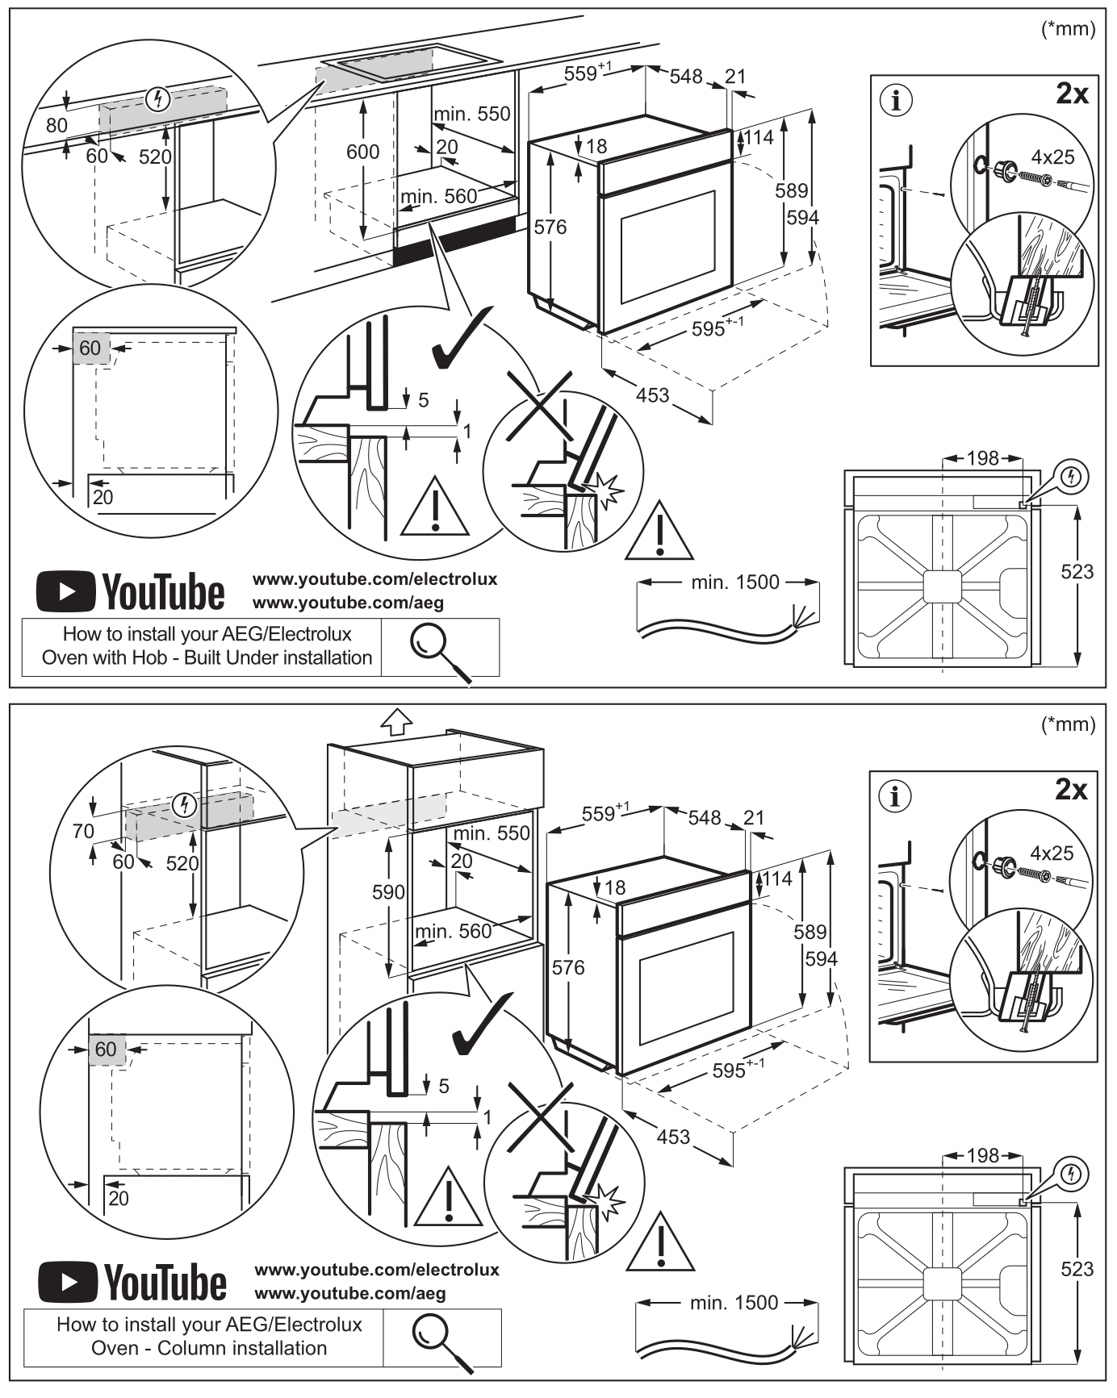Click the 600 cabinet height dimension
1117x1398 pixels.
(x=362, y=152)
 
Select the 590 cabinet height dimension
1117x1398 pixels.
(x=388, y=891)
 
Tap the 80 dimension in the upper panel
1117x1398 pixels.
(x=56, y=125)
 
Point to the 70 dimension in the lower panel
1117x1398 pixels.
(x=83, y=831)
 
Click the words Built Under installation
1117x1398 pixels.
(x=278, y=657)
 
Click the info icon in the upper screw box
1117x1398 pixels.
(x=896, y=101)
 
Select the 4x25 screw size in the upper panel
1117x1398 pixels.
(x=1052, y=156)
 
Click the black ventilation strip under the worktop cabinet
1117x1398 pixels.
(x=454, y=240)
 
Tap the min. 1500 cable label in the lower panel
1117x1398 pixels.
(x=734, y=1302)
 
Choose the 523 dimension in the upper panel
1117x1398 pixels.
(x=1077, y=572)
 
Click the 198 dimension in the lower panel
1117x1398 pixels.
(x=983, y=1156)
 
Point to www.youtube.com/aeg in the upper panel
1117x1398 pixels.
(x=348, y=603)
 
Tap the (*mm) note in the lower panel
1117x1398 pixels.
(x=1069, y=724)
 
